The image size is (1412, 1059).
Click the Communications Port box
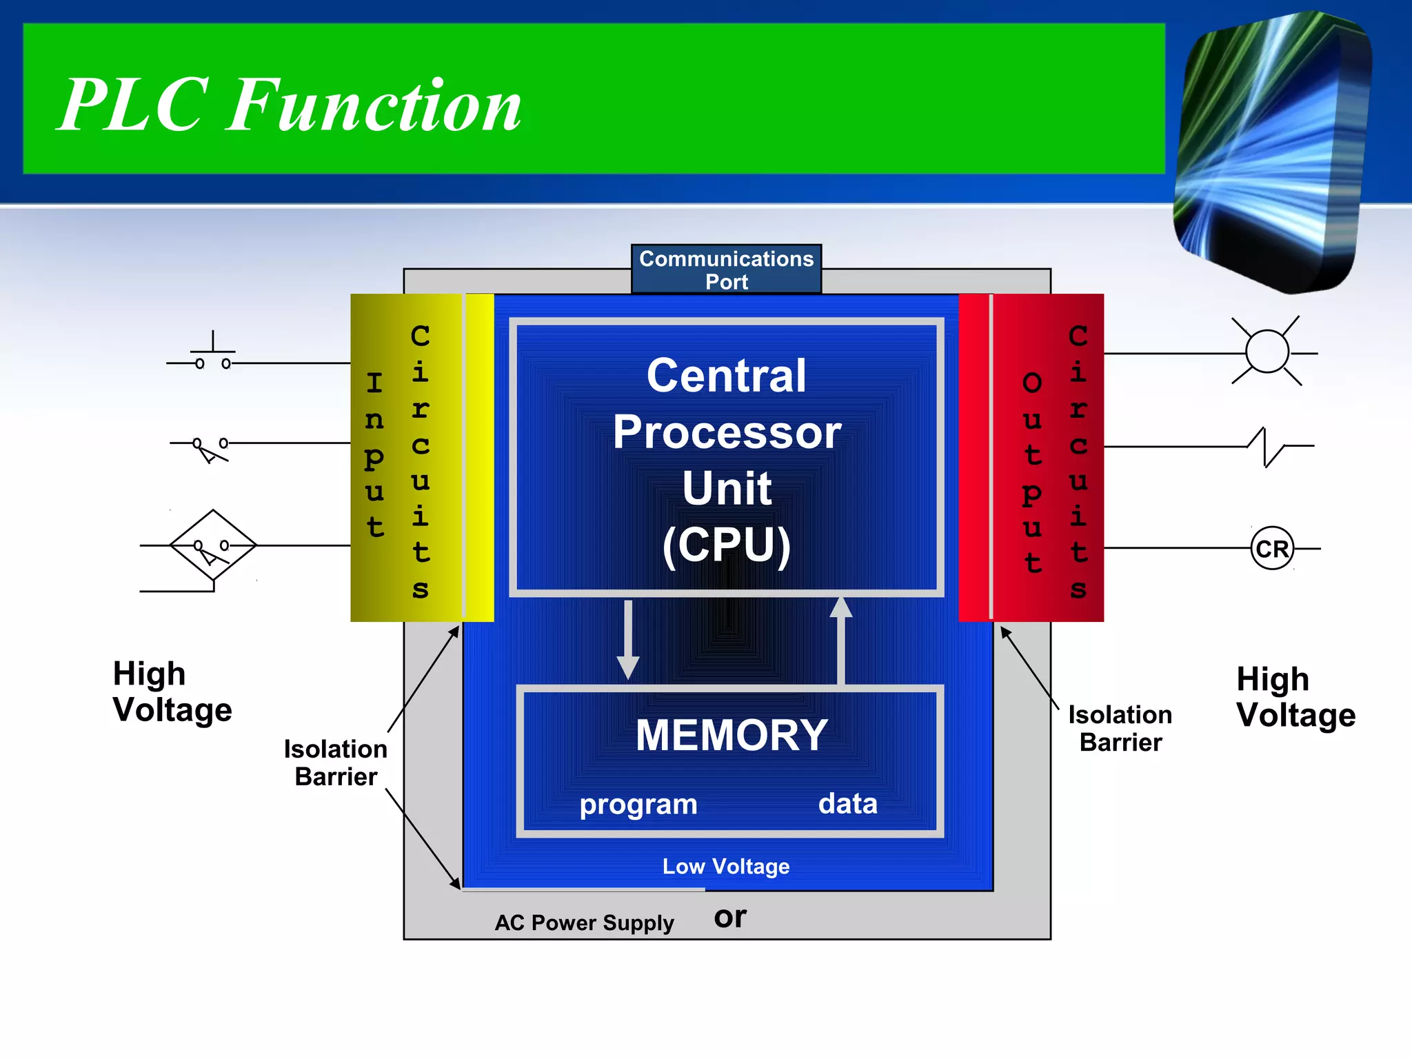point(726,270)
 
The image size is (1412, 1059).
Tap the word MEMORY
point(732,735)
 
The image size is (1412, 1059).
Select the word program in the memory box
point(638,805)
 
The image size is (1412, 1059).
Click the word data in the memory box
point(847,804)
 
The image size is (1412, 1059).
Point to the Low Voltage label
point(726,867)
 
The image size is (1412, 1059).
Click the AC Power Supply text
point(584,922)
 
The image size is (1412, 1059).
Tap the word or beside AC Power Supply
point(730,917)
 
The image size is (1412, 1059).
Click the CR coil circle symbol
point(1271,549)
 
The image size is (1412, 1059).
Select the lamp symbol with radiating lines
point(1267,352)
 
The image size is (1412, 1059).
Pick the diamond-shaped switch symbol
point(213,545)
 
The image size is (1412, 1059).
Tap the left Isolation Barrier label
point(336,763)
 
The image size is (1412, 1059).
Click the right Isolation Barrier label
point(1120,729)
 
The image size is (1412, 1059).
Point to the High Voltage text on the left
point(172,692)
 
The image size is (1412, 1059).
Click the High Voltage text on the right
point(1295,697)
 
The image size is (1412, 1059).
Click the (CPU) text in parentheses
point(727,545)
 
